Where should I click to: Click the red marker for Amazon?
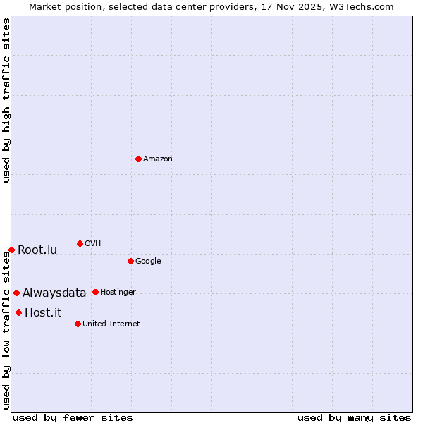click(x=138, y=159)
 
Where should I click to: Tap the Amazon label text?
click(x=158, y=159)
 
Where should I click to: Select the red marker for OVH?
click(x=80, y=243)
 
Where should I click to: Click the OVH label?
click(x=92, y=244)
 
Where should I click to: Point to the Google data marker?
click(x=130, y=261)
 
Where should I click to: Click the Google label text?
click(x=148, y=262)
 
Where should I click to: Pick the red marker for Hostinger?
click(x=95, y=292)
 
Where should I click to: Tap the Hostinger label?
click(x=118, y=293)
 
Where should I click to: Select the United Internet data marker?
click(x=78, y=324)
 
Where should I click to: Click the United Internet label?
click(x=111, y=324)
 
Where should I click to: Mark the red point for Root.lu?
click(x=11, y=250)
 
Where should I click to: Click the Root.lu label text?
click(x=37, y=250)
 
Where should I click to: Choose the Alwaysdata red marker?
click(x=16, y=293)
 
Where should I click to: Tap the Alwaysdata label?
click(x=54, y=293)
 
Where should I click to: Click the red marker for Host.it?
click(x=18, y=312)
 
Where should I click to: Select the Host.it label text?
click(x=43, y=313)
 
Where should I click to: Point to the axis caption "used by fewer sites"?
click(x=73, y=417)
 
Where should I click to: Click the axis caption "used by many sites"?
click(x=354, y=417)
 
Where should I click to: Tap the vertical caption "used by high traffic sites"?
click(x=6, y=100)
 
